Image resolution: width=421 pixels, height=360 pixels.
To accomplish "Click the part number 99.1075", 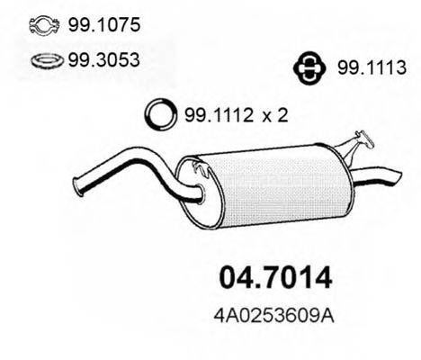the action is [x=104, y=24].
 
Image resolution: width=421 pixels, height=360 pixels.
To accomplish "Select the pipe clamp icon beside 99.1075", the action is [x=45, y=25].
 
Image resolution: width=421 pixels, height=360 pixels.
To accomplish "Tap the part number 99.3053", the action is [x=103, y=59].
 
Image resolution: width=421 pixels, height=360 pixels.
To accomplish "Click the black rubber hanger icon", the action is [x=309, y=68].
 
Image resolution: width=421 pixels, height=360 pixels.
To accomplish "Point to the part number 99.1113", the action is [x=372, y=67].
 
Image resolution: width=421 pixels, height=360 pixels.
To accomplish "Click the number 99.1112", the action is [x=219, y=115].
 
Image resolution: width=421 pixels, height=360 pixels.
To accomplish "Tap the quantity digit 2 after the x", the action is [x=282, y=115].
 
